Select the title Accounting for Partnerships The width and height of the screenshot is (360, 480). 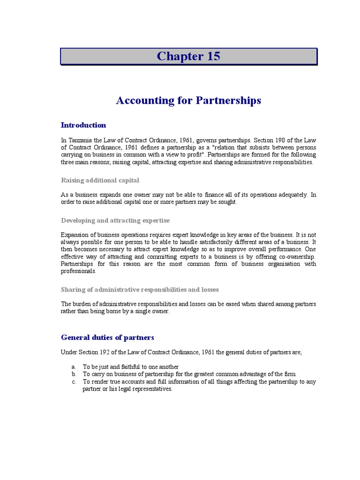click(188, 100)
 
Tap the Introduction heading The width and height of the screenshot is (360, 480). click(83, 125)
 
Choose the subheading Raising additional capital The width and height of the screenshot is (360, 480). click(100, 180)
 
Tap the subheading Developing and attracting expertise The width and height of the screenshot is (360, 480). click(115, 220)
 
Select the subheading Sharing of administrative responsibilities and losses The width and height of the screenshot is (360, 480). click(140, 290)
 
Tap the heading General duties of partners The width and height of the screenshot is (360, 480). click(107, 337)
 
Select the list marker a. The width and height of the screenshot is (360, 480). click(74, 367)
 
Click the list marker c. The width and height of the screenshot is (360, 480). click(74, 382)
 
